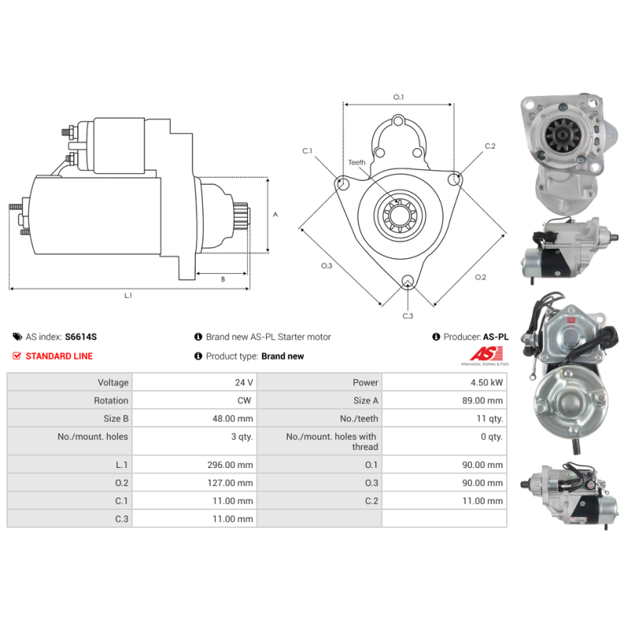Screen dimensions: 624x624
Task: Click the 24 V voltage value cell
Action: (x=244, y=382)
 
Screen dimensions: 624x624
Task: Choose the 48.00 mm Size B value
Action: (x=235, y=418)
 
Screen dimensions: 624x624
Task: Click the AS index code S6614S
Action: (x=81, y=337)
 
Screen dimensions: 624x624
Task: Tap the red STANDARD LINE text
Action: (x=58, y=356)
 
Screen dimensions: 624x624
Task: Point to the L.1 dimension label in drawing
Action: (x=128, y=296)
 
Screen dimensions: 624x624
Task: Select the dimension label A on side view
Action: (x=275, y=214)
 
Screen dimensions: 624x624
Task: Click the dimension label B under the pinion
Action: (x=222, y=278)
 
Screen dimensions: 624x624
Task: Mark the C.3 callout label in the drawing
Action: (x=407, y=315)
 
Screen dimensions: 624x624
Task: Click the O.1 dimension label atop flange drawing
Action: (x=398, y=97)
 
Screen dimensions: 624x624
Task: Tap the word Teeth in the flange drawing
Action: (x=356, y=162)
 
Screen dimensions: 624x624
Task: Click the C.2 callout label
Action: (x=490, y=146)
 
